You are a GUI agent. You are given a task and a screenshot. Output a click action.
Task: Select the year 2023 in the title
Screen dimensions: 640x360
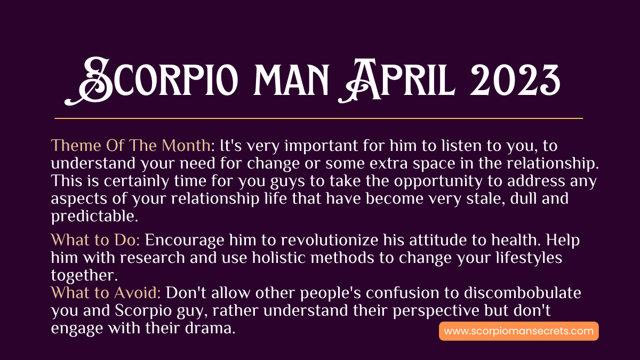515,80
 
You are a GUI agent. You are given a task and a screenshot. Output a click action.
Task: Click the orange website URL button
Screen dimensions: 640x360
518,331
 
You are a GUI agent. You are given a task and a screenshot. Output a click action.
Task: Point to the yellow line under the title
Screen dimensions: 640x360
318,118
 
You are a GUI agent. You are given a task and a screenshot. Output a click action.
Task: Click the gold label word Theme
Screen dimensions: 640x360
76,145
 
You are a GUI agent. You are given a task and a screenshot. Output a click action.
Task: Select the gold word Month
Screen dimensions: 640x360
186,145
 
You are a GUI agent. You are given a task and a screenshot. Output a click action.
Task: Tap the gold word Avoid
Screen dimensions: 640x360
137,293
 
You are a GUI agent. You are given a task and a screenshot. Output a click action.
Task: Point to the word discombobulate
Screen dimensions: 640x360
522,293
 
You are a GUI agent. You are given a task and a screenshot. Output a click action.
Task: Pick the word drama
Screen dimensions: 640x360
210,328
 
